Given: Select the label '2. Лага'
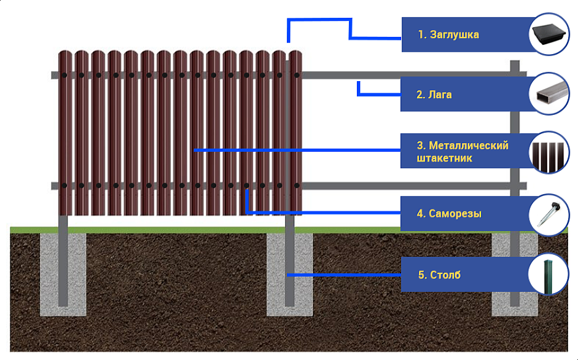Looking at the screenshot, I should pos(434,95).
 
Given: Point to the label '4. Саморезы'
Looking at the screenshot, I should pos(449,214).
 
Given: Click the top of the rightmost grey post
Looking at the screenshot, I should pos(515,63).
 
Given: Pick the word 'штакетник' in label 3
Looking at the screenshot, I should pos(444,158).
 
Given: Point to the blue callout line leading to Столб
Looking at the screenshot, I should pos(344,275).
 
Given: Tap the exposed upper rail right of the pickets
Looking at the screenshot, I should pos(405,75).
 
